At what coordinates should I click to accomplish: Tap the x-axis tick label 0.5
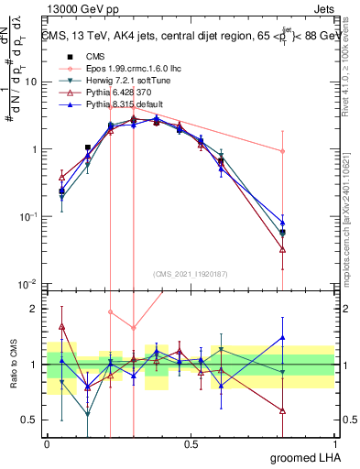(191, 442)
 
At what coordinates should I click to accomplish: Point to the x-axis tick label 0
(47, 442)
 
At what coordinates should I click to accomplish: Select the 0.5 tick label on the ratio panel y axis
(32, 421)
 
